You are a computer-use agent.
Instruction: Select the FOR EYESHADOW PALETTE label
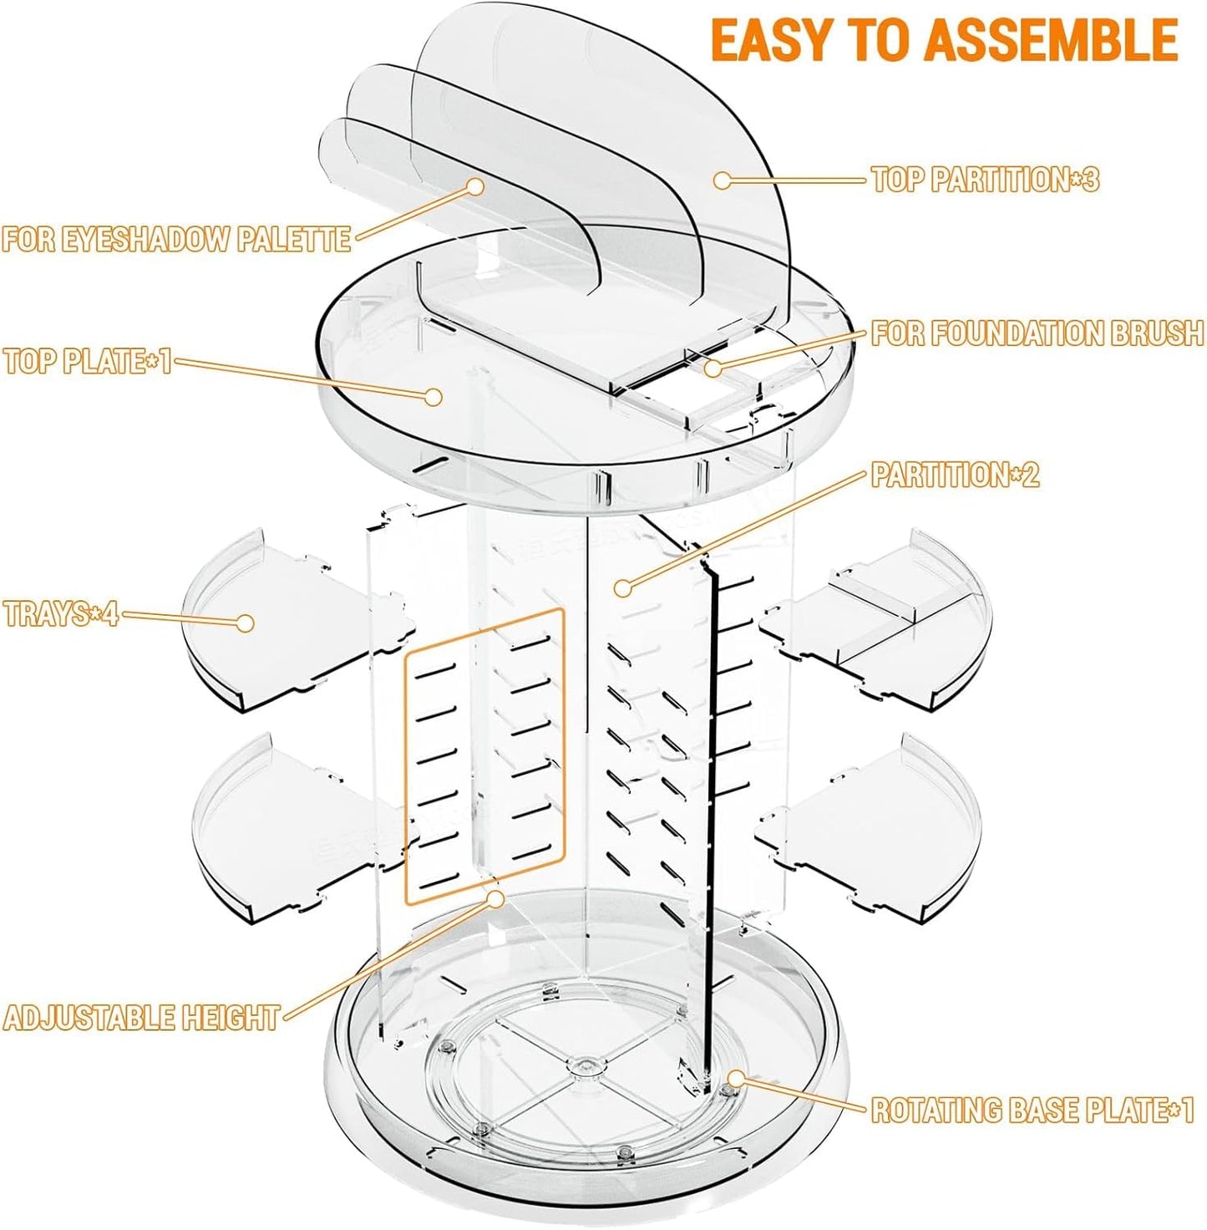[x=176, y=239]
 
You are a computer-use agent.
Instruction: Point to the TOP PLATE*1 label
[x=88, y=361]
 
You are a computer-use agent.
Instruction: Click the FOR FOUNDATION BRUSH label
[x=1037, y=333]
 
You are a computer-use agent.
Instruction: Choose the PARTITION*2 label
[x=956, y=475]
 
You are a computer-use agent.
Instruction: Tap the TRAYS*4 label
[x=61, y=614]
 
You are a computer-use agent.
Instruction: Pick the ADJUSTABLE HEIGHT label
[x=141, y=1017]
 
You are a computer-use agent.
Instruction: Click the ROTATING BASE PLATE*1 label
[x=1032, y=1110]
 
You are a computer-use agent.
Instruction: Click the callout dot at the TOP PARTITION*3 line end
[x=722, y=180]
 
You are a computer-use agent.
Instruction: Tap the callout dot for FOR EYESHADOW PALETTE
[x=475, y=187]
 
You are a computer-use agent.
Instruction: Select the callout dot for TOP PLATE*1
[x=434, y=396]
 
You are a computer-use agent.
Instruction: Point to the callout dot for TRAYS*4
[x=245, y=623]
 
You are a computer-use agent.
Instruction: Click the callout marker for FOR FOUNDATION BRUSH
[x=713, y=368]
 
